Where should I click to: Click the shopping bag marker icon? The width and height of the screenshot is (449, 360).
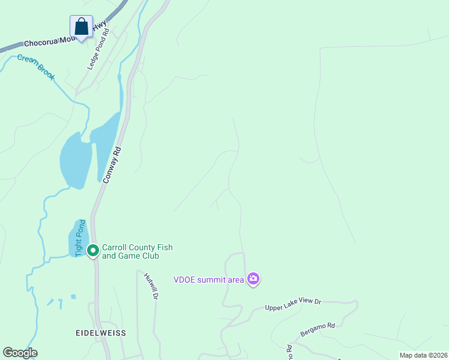pos(81,27)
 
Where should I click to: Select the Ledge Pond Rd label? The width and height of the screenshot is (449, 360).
pos(99,49)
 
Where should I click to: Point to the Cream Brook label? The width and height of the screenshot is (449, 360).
pos(36,67)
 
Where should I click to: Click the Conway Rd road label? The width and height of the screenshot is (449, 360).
pos(112,164)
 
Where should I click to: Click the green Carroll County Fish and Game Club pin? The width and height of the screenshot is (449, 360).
pos(93,250)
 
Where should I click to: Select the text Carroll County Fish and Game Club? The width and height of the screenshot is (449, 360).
pos(137,251)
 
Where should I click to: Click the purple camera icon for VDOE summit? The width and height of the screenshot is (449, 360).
pos(253,278)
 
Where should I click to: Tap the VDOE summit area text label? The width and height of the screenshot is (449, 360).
pos(208,279)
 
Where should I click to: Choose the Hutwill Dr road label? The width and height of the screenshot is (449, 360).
pos(151,286)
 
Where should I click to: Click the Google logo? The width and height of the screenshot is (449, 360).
pos(20,353)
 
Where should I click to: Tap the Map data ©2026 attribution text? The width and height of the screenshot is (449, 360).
pos(423,355)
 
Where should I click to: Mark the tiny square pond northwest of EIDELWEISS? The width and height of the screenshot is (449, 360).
pos(73,296)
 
